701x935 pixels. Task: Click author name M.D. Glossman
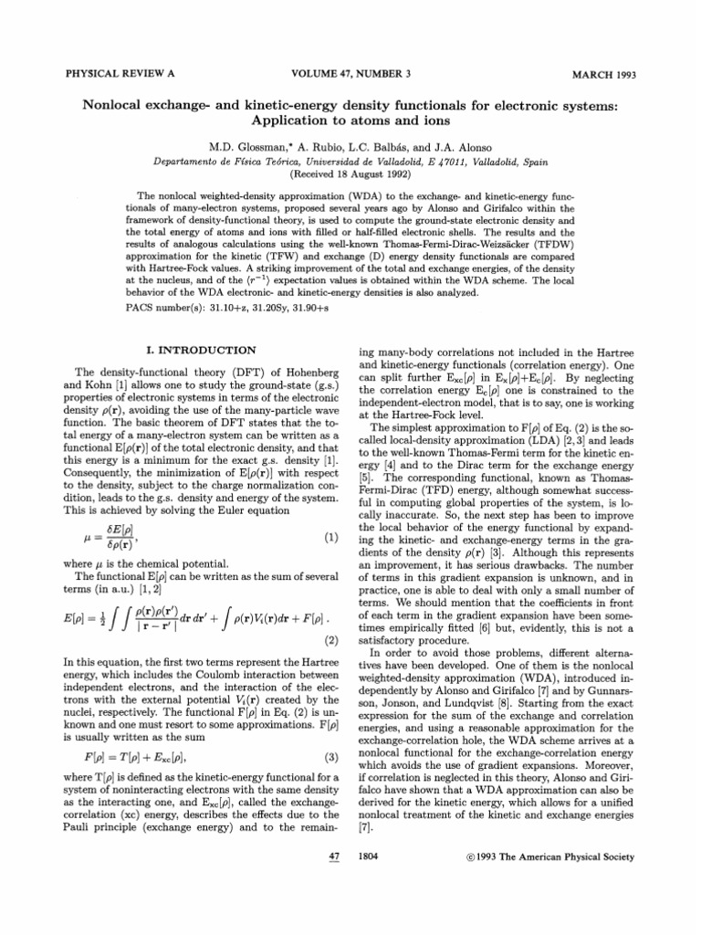tap(254, 143)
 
